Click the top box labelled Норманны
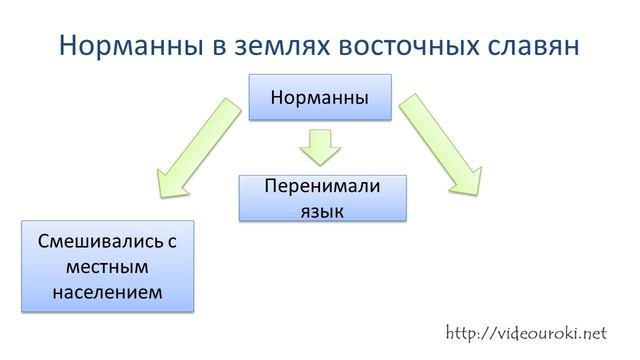pos(320,98)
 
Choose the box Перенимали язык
pos(323,198)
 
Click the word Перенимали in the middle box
pos(322,186)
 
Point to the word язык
pos(322,210)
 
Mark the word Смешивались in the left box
pos(95,243)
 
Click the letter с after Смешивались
pos(170,243)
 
